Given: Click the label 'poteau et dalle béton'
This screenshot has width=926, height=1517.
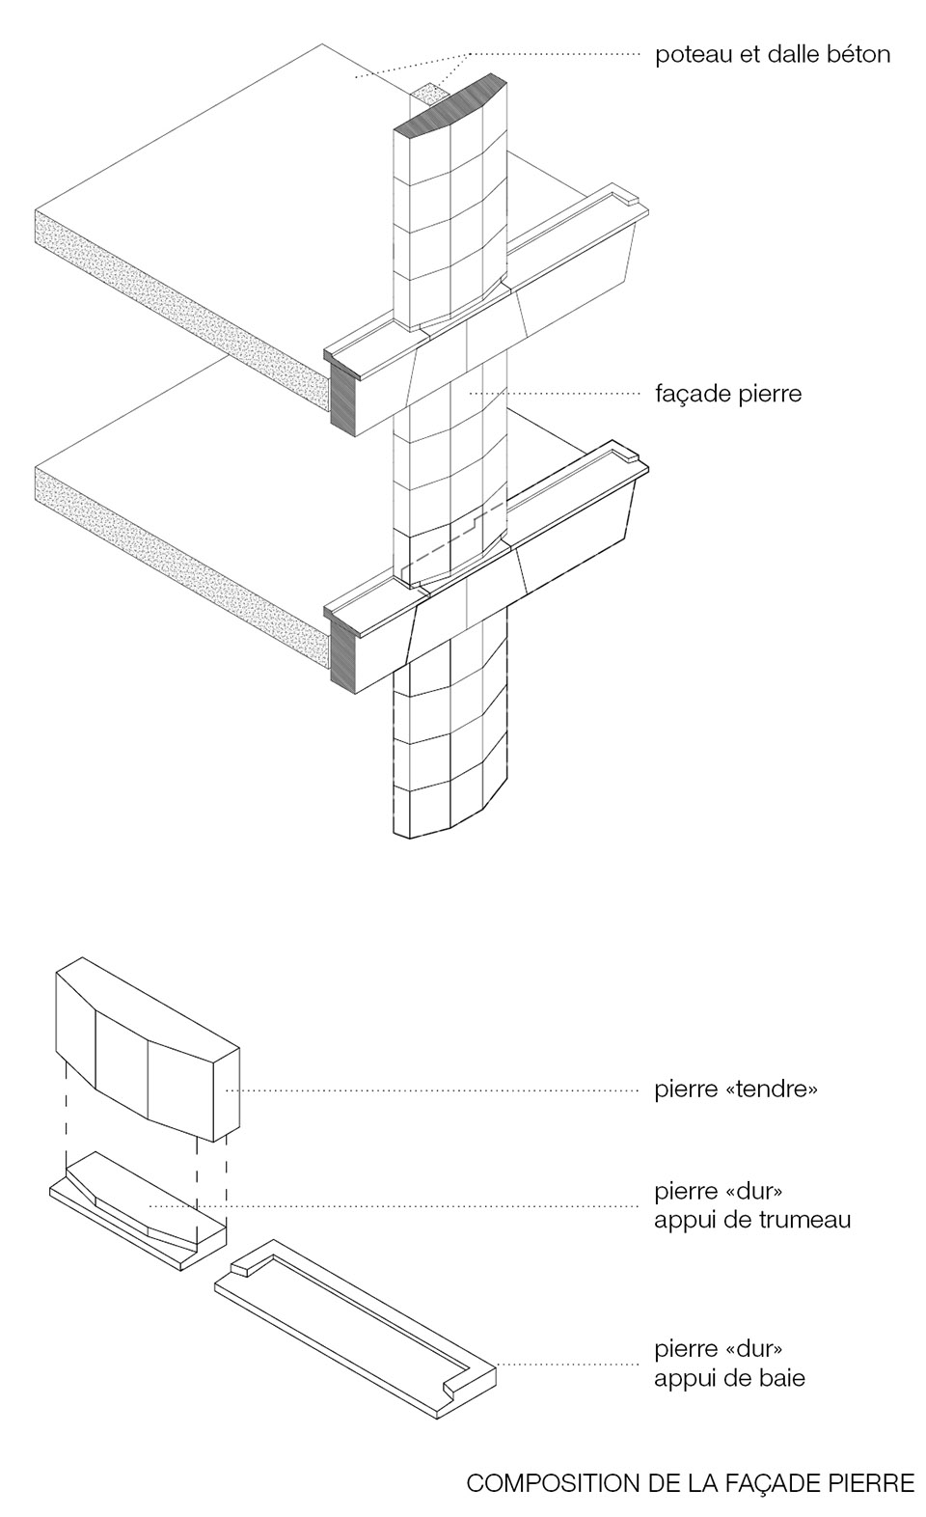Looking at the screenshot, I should (x=772, y=54).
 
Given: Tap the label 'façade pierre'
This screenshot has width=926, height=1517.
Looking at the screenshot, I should (x=727, y=394).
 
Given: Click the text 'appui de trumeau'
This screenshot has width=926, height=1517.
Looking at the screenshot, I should (x=752, y=1220).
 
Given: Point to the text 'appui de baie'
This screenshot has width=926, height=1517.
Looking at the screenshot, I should (x=728, y=1377).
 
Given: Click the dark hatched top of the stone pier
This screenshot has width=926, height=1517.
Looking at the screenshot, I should (x=451, y=108).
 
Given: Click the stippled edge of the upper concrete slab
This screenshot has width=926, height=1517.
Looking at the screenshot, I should (x=178, y=294).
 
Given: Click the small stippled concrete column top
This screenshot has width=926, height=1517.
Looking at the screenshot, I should (x=428, y=95).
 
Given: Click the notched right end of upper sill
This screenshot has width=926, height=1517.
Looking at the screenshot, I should (x=629, y=203).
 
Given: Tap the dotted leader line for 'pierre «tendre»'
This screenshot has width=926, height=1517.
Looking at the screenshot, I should (x=434, y=1090).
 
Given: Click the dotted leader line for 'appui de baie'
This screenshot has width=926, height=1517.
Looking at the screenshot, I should (x=569, y=1364).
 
